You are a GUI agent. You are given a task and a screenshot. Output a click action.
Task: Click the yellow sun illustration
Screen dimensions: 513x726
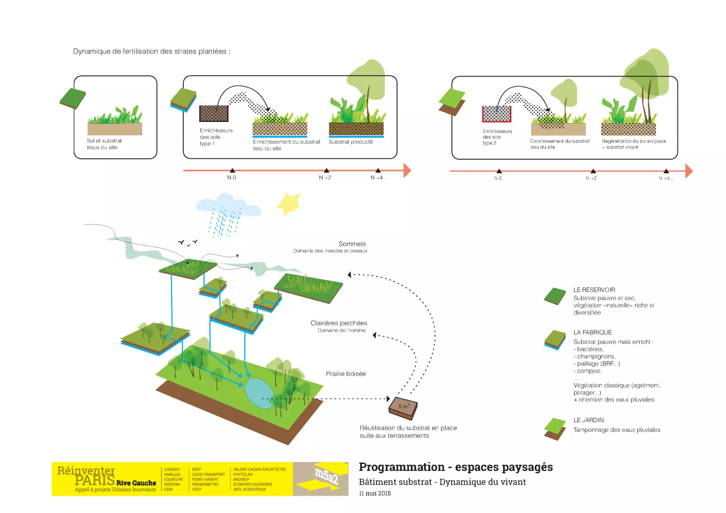[x=289, y=204]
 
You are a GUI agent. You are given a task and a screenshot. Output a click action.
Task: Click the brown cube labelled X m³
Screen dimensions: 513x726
[x=403, y=407]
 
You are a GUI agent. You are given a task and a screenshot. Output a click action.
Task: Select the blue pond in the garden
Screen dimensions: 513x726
[x=260, y=393]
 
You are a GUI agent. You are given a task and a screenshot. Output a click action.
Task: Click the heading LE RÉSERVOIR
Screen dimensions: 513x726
[x=594, y=290]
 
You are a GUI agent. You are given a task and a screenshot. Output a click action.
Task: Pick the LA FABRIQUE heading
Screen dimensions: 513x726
[x=593, y=332]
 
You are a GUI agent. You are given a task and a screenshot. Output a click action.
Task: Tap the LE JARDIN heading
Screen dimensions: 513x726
[x=589, y=420]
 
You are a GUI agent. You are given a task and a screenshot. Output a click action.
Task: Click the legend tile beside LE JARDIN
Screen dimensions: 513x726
[x=555, y=429]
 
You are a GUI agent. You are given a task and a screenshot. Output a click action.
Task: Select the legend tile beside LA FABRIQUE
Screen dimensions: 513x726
[x=555, y=340]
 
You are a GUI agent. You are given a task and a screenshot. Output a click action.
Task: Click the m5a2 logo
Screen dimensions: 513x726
[x=327, y=477]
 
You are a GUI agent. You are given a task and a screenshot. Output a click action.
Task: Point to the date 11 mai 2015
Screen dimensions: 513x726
[x=374, y=493]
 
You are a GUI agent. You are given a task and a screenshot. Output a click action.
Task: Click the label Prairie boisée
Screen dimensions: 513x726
[x=346, y=374]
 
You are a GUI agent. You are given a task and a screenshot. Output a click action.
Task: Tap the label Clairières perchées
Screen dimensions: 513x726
[x=339, y=323]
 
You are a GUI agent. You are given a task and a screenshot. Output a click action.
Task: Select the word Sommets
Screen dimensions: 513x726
[x=352, y=244]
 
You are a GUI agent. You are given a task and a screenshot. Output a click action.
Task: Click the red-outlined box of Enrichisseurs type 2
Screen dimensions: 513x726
[x=496, y=114]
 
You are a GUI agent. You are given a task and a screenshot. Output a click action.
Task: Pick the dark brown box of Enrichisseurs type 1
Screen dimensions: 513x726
[x=214, y=113]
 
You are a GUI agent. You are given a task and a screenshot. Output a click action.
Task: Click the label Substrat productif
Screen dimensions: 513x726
[x=351, y=142]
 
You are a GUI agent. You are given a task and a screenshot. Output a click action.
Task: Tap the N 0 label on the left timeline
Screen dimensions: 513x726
[x=231, y=178]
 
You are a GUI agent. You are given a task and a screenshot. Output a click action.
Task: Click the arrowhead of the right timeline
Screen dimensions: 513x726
[x=689, y=171]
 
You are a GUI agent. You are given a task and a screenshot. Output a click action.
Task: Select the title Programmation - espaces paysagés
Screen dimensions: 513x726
[x=456, y=467]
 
